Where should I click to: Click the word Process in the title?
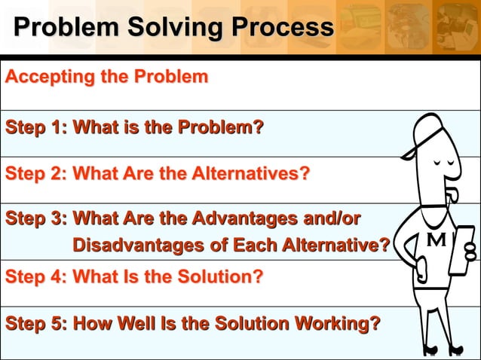click(282, 28)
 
